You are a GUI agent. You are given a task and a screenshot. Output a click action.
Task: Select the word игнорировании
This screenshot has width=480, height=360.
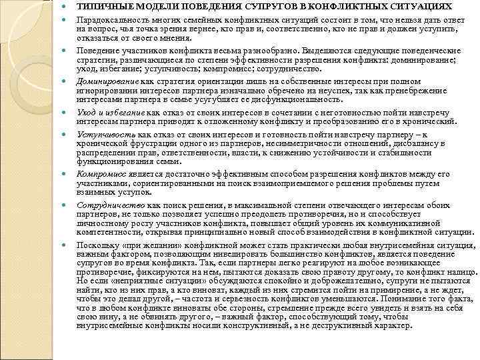click(x=107, y=91)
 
